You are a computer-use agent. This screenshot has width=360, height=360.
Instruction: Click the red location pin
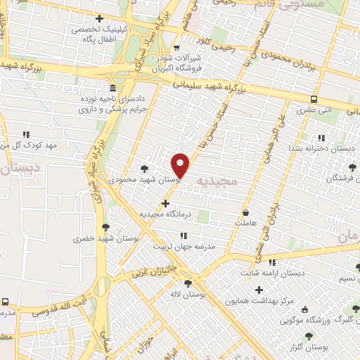point(181,165)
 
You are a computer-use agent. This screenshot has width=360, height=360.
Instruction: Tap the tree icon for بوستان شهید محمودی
point(144,168)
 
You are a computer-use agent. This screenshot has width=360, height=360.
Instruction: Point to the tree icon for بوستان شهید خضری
point(105,227)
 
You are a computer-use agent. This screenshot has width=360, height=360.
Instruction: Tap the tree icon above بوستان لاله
point(187,283)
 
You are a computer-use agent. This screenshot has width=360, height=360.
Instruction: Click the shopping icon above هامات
point(245,212)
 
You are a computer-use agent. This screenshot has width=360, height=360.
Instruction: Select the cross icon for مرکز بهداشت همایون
point(259,290)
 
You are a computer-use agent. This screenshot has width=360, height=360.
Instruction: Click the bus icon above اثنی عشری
point(314,99)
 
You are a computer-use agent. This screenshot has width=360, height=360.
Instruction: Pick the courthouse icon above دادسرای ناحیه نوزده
point(113,88)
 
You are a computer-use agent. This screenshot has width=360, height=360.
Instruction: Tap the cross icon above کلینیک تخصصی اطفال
point(99,18)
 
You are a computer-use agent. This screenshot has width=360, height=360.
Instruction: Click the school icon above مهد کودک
point(27,134)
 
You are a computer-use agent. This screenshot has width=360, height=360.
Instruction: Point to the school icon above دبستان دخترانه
point(321,138)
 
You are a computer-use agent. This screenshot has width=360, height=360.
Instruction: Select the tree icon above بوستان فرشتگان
point(352,167)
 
